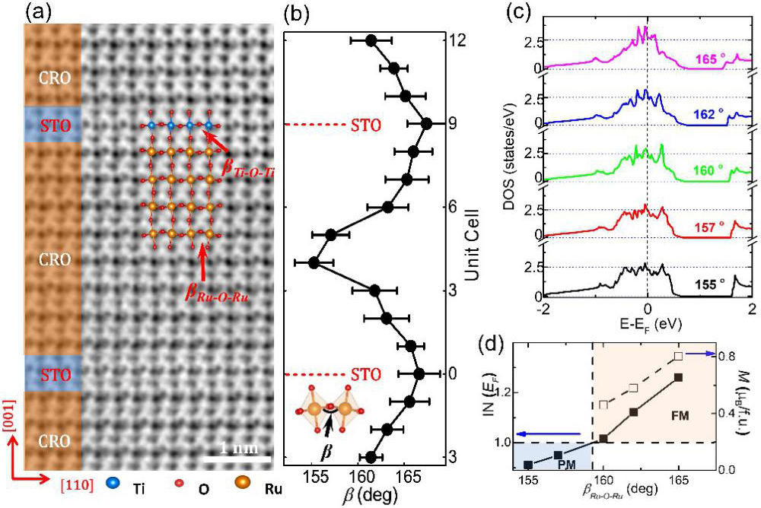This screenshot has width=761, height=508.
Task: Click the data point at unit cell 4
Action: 314,263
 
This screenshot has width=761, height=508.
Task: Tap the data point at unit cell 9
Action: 427,123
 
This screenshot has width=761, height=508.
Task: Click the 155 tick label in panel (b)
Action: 314,477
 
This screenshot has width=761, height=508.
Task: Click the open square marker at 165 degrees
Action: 679,357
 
